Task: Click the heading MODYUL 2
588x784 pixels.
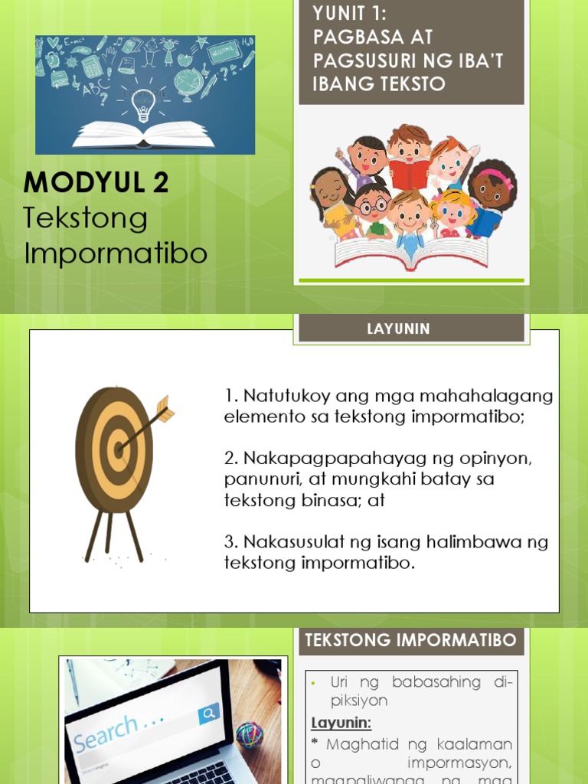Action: (x=96, y=183)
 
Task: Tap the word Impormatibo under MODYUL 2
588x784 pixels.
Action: (x=116, y=253)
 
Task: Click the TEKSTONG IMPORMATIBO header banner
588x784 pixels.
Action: (x=411, y=641)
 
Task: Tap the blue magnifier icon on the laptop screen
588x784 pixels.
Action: (x=208, y=715)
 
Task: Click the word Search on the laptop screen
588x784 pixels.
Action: (x=107, y=732)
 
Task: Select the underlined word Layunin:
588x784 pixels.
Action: (x=341, y=723)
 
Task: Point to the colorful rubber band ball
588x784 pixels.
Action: (x=249, y=735)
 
